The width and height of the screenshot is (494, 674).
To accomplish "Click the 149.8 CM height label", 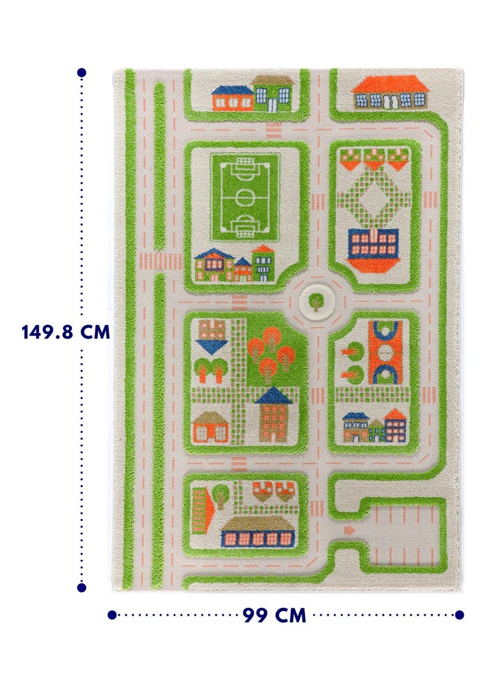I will (x=65, y=332).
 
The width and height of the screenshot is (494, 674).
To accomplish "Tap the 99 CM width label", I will (x=274, y=615).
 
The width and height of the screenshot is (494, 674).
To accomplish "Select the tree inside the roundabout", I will (x=316, y=301).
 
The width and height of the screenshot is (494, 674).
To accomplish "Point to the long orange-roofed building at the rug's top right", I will (x=391, y=92).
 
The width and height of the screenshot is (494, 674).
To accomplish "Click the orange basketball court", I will (x=385, y=353).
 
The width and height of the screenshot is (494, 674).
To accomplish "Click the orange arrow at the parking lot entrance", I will (x=350, y=529).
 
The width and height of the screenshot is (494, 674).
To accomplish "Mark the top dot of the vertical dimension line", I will (x=82, y=73).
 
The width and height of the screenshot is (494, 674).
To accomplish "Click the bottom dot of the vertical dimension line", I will (x=82, y=588).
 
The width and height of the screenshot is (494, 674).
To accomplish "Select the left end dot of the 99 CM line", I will (x=112, y=615).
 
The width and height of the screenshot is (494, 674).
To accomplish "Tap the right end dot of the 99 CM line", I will (x=459, y=615).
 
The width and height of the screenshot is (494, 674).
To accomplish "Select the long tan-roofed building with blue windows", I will (x=257, y=533).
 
